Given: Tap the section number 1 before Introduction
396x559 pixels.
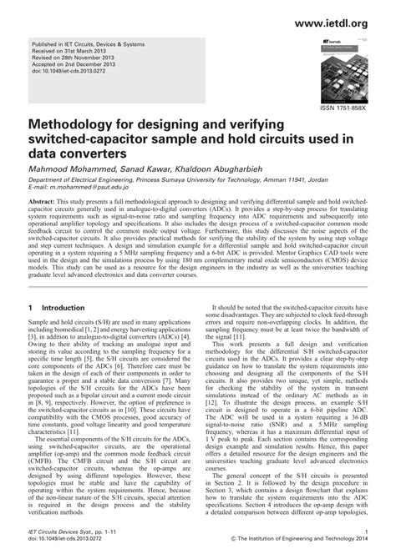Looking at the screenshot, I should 31,285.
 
